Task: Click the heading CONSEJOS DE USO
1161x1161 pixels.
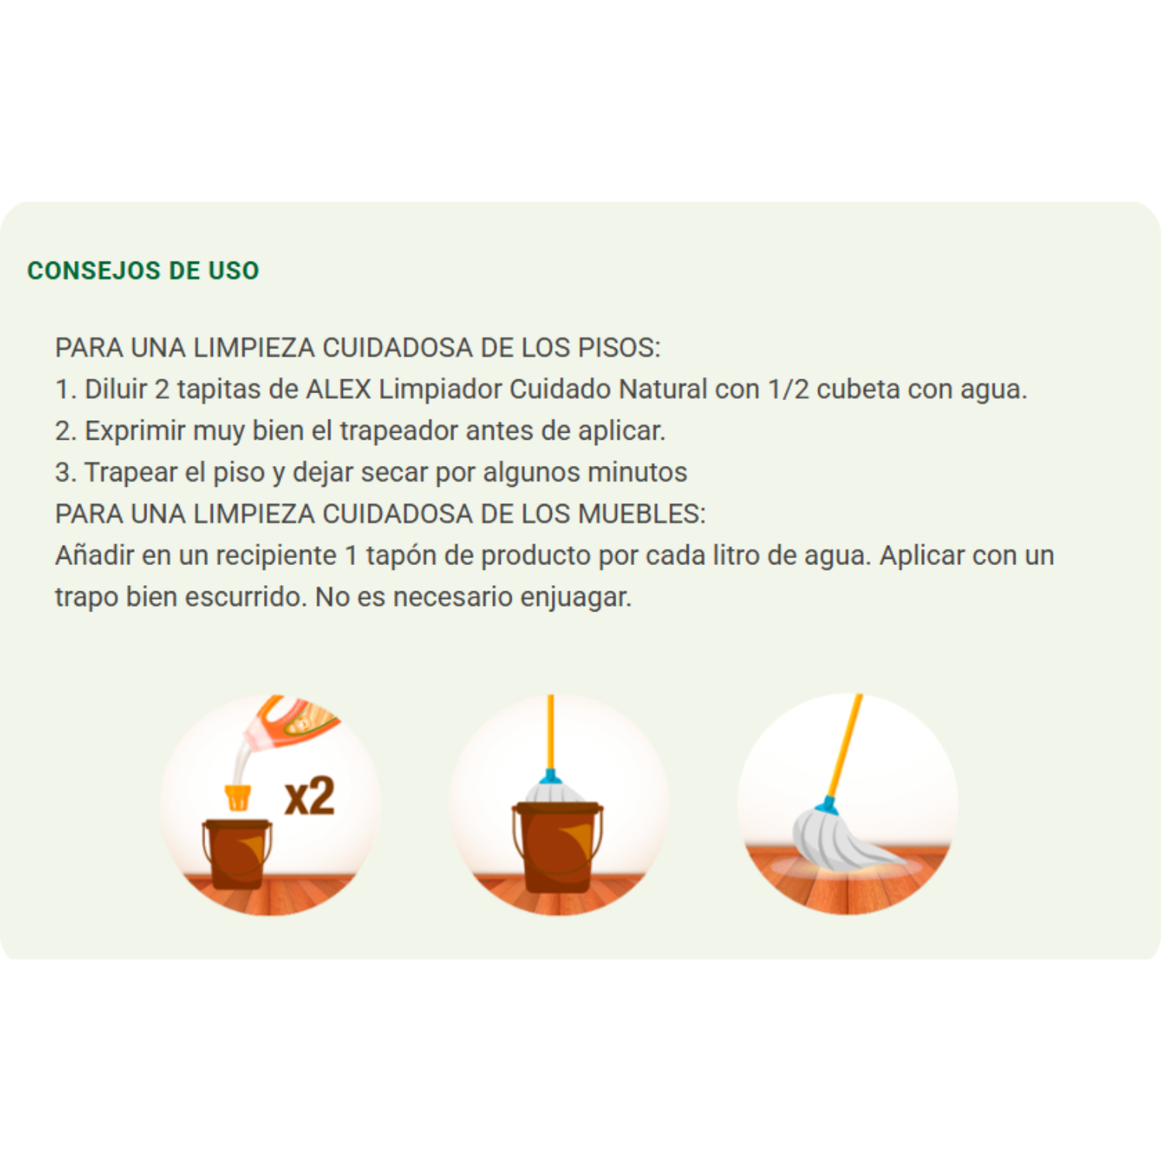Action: [143, 271]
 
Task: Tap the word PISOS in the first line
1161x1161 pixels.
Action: [618, 348]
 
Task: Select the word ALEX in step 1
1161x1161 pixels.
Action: [338, 389]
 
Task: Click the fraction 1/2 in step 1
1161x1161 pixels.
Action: [788, 389]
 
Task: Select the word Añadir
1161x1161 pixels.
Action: [94, 556]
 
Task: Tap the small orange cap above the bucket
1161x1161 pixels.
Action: [238, 797]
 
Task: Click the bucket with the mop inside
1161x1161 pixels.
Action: [557, 848]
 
